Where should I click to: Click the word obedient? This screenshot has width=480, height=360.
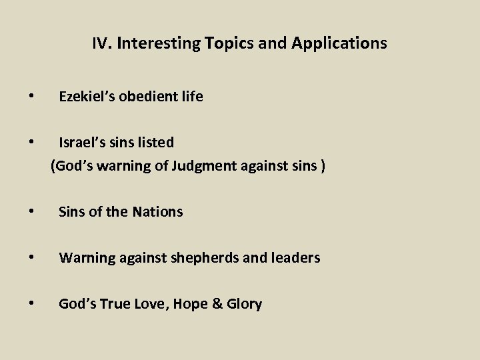tap(149, 97)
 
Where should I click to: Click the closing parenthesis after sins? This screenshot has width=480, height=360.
tap(323, 165)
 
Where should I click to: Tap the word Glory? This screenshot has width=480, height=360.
tap(243, 304)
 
